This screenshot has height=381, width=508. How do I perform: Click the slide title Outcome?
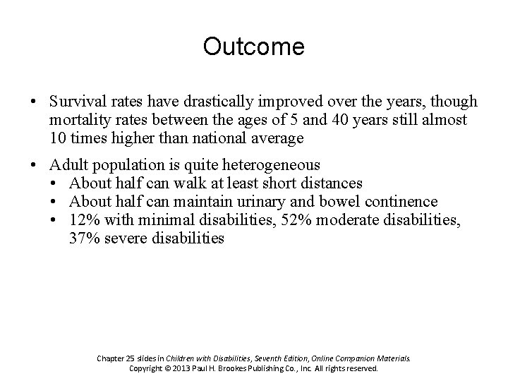pos(254,47)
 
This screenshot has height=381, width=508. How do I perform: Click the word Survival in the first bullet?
pos(75,102)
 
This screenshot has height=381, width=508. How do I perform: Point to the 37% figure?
pos(84,238)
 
